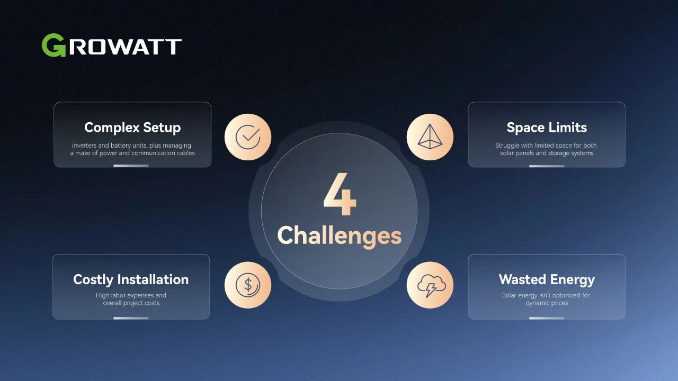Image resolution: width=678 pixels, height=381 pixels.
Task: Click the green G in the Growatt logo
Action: click(53, 45)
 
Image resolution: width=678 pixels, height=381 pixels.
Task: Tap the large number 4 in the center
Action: click(340, 194)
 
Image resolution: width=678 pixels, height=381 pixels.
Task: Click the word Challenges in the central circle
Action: click(340, 236)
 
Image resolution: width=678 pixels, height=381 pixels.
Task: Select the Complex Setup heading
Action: click(132, 128)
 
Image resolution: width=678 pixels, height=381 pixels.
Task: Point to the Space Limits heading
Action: click(547, 128)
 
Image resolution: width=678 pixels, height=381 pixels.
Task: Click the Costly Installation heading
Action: click(131, 280)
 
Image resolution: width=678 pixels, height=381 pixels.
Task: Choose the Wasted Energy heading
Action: click(547, 280)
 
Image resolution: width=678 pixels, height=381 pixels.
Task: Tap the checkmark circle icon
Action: click(248, 137)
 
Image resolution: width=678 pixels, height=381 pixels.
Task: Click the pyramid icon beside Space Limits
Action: click(430, 137)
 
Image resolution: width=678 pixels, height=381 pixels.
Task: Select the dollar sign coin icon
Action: click(248, 285)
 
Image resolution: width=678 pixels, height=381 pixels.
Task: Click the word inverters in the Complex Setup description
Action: click(84, 146)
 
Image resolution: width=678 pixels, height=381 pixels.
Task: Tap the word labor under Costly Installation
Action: click(118, 295)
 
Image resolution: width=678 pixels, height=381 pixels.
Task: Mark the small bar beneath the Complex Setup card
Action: click(131, 166)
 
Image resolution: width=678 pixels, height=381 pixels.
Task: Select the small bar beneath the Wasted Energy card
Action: click(547, 318)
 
